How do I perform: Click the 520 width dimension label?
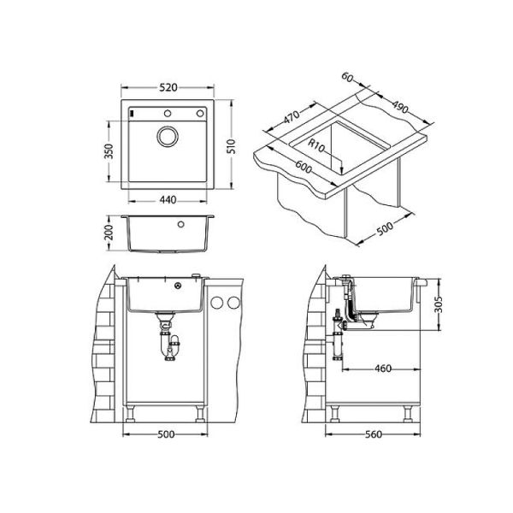coord(168,87)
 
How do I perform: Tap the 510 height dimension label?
coord(232,146)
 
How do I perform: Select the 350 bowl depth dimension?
coord(109,151)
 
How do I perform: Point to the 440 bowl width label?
coord(168,199)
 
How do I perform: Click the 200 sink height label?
coord(109,232)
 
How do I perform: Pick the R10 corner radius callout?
coord(316,145)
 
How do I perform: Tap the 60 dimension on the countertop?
coord(347,77)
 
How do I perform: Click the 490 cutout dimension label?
coord(400,107)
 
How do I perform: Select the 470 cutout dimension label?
coord(292,116)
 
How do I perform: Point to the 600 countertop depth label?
coord(304,167)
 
